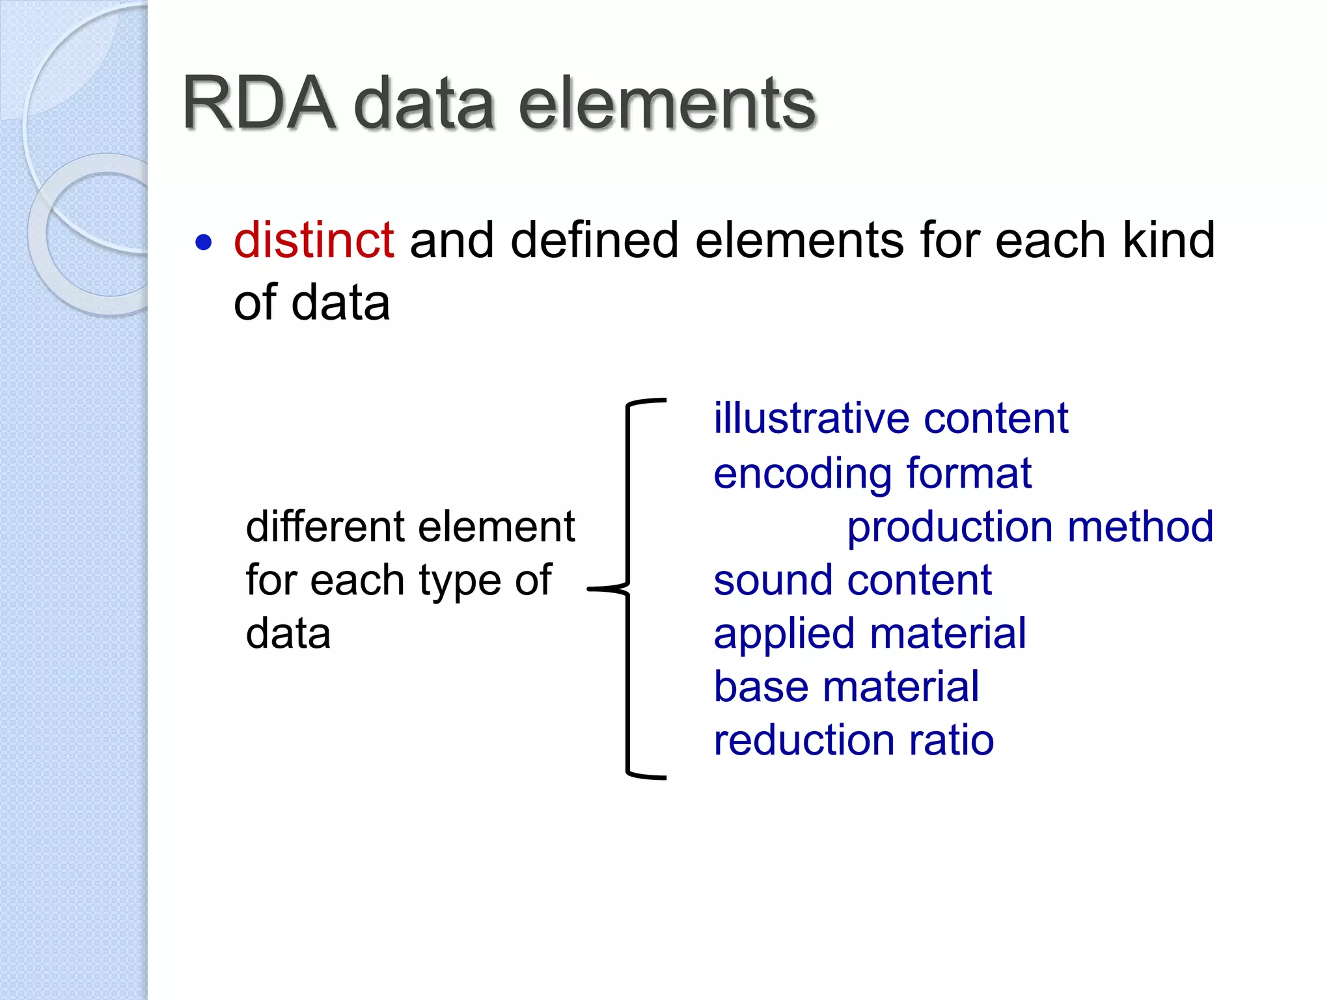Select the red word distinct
point(314,240)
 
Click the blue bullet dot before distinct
point(204,243)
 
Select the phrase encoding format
point(872,473)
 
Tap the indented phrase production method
point(1030,526)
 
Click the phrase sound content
point(853,579)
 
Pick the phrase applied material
point(870,633)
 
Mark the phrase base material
point(846,686)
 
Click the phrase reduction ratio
point(853,740)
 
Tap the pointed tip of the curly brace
point(590,589)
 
